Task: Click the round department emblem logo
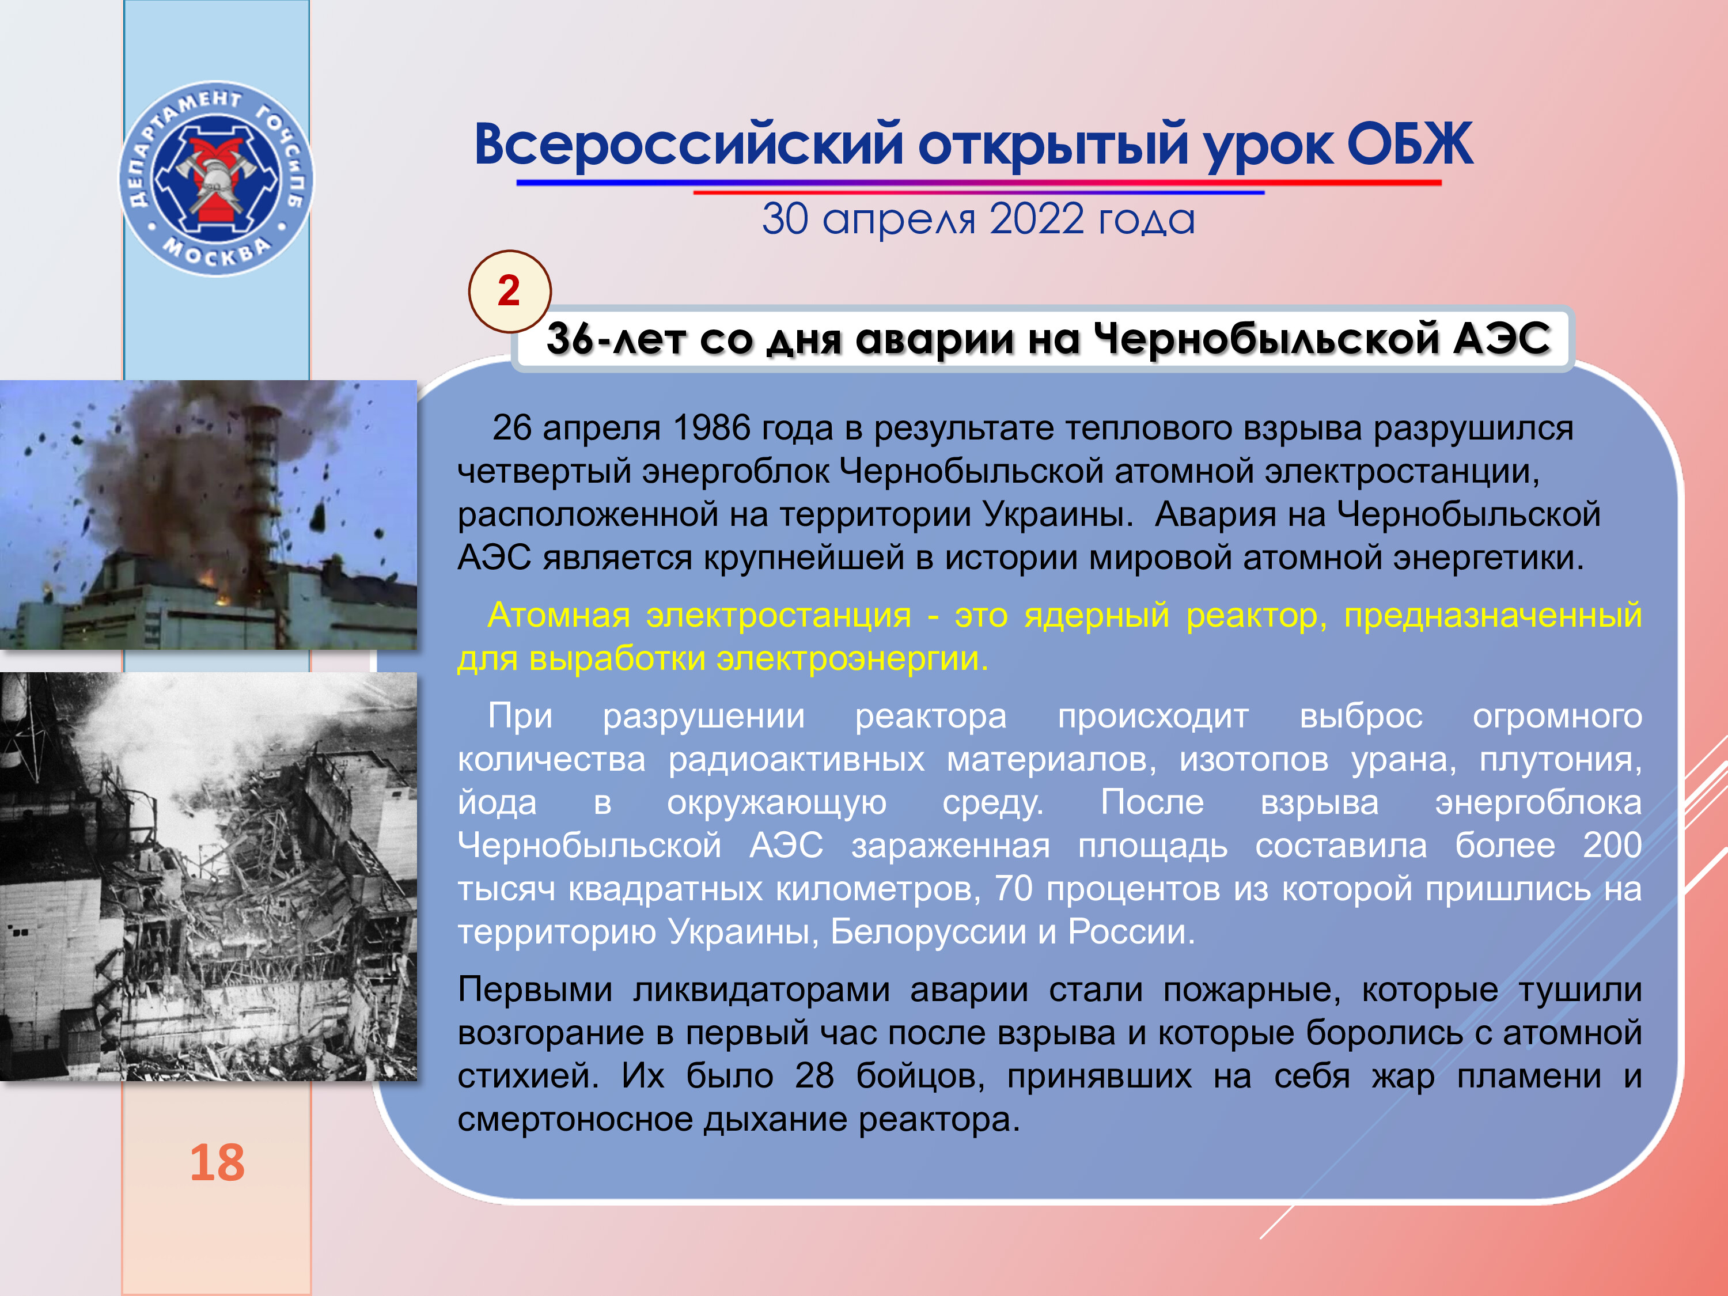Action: (x=217, y=179)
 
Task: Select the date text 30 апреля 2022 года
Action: (x=978, y=219)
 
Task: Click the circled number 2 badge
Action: (x=509, y=291)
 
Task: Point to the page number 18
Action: (x=217, y=1162)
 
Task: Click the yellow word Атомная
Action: (x=559, y=616)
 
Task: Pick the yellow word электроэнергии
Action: (x=852, y=658)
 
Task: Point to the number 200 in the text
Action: (x=1612, y=845)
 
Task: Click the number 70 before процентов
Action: (x=1013, y=889)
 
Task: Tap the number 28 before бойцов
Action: (x=814, y=1076)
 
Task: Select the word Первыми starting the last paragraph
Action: (x=535, y=990)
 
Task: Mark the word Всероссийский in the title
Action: (x=689, y=145)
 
